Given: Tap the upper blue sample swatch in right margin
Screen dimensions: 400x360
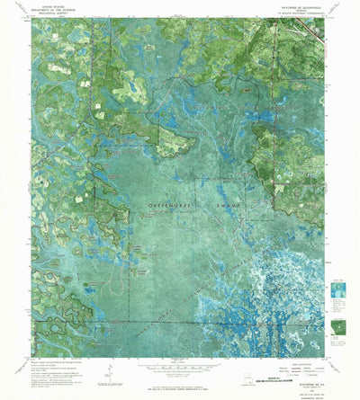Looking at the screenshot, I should point(337,289).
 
